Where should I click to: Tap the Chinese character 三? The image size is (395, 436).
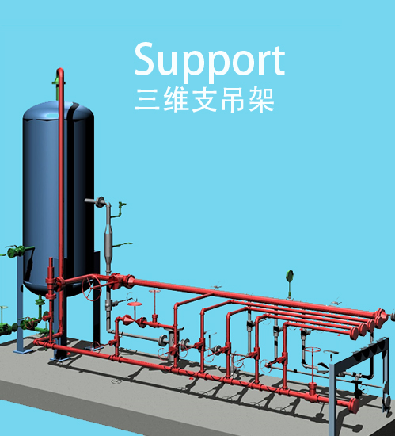click(147, 101)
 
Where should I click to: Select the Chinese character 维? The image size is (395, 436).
click(177, 100)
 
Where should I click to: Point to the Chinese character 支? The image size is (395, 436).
click(204, 100)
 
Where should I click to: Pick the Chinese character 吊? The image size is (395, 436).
click(234, 101)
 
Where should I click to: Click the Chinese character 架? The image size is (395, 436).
click(262, 100)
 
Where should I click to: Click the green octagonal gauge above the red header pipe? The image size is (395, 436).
click(290, 275)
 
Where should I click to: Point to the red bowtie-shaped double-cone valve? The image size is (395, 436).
click(135, 320)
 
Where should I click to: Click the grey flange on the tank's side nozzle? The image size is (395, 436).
click(100, 201)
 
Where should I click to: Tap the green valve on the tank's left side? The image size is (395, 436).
click(15, 252)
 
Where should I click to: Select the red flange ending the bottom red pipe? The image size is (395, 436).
click(353, 405)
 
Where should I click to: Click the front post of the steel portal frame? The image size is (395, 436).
click(333, 400)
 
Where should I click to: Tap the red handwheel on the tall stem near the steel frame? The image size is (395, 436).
click(313, 350)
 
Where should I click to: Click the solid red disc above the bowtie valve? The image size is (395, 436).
click(135, 304)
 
